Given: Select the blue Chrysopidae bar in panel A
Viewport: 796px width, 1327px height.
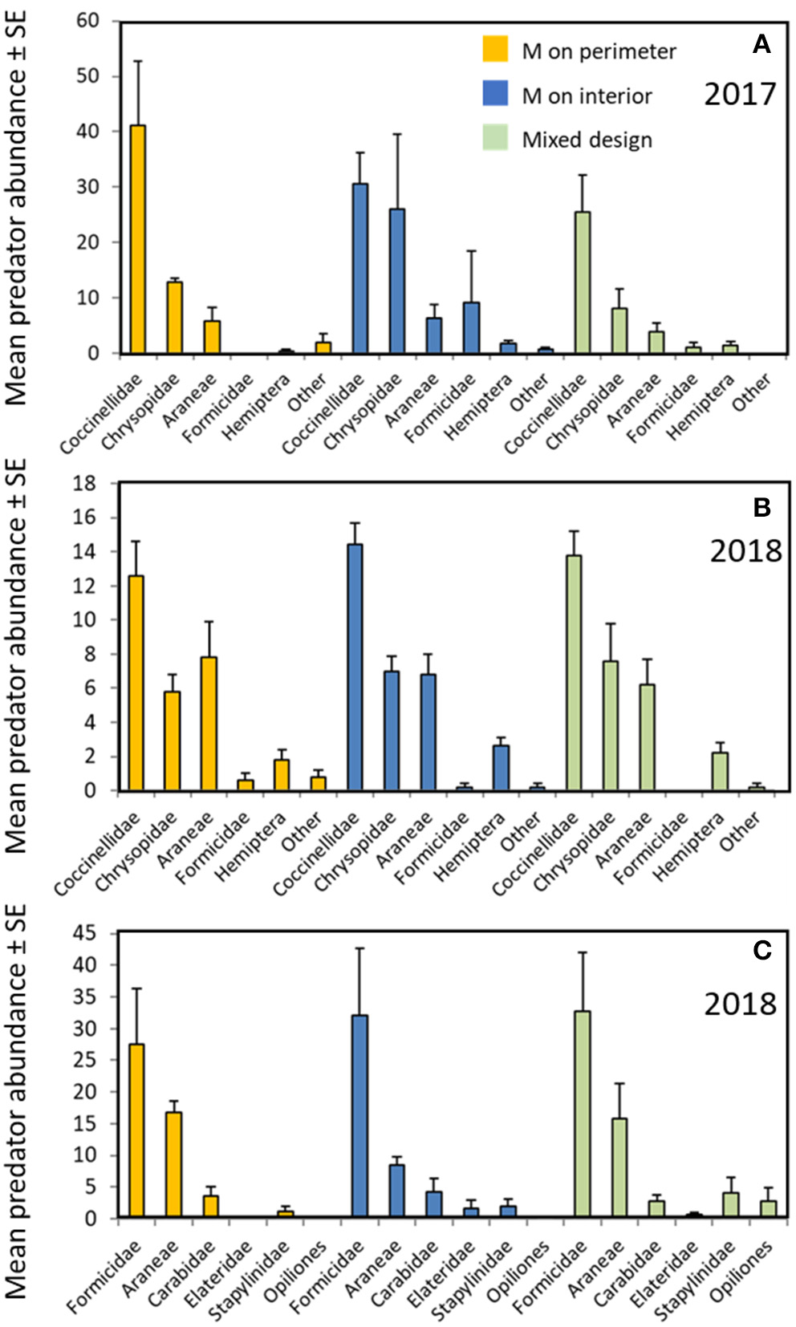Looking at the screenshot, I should [396, 281].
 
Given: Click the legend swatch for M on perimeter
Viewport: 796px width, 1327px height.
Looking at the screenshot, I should [495, 50].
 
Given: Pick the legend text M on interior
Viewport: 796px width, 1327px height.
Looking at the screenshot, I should [587, 96].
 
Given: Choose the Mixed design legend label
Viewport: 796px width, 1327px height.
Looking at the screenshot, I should [587, 140].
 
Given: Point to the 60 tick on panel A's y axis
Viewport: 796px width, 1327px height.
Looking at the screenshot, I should [88, 21].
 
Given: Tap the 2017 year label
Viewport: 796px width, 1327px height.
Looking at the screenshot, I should [740, 94].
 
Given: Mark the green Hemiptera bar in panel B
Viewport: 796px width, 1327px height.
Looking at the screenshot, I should [720, 771].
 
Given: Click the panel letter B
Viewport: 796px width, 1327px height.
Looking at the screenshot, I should [761, 508].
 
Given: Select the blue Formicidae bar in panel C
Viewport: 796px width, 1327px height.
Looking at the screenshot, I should [359, 1116].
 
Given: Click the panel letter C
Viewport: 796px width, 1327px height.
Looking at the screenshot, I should [761, 951].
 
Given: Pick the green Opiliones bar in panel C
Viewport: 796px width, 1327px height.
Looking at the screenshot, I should [768, 1208].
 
